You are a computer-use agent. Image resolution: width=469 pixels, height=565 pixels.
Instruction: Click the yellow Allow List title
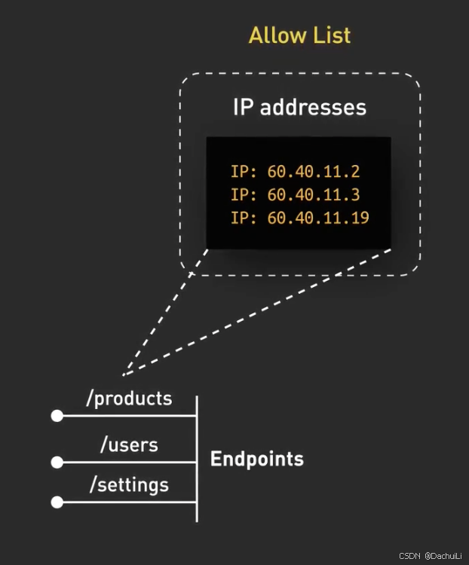tap(299, 35)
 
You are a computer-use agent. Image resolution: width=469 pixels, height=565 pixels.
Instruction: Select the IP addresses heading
tap(299, 107)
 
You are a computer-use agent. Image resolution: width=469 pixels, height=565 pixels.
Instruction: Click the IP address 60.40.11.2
tap(313, 172)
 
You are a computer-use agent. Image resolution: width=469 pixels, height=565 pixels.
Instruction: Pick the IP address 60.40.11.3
tap(313, 195)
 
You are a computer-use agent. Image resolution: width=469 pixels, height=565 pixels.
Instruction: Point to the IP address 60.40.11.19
tap(317, 218)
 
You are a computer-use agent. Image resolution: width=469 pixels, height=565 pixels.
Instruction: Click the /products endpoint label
tap(130, 398)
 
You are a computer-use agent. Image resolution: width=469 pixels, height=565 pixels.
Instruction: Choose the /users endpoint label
tap(129, 444)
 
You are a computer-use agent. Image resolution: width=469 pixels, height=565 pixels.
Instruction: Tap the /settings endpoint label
tap(129, 484)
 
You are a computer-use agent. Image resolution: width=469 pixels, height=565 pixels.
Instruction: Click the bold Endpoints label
tap(256, 459)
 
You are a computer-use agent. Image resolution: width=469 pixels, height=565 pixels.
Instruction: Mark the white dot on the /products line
tap(57, 416)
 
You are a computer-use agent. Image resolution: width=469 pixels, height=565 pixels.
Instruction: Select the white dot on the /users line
tap(57, 462)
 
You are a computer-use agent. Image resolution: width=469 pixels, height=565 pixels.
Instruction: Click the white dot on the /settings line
tap(57, 502)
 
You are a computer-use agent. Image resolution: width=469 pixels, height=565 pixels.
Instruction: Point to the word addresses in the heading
tap(313, 107)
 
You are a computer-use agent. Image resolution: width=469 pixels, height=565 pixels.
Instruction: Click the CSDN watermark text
tap(409, 555)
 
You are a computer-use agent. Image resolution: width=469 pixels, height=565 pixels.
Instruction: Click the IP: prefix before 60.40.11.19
tap(244, 218)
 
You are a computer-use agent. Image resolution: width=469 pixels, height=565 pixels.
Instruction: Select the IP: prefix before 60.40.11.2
tap(244, 172)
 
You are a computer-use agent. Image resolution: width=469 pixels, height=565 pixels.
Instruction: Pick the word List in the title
tap(330, 35)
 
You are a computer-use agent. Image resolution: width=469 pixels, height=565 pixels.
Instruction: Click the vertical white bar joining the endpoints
tap(197, 458)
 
